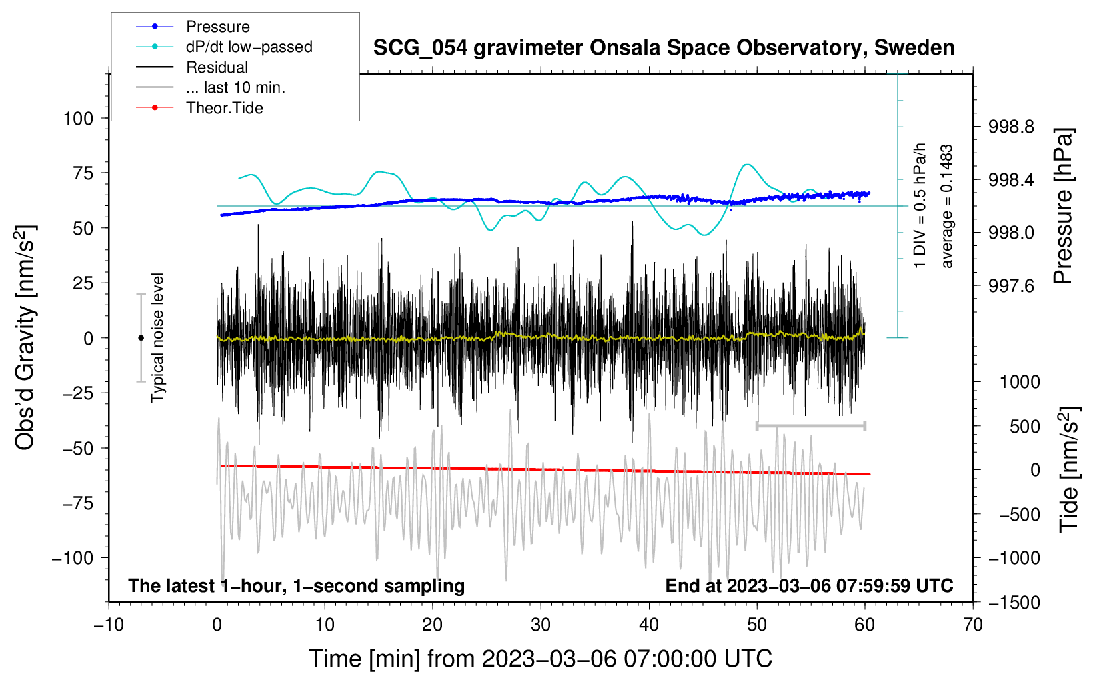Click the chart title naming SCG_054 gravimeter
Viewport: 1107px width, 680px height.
pyautogui.click(x=664, y=48)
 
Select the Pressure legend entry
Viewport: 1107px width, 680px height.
pyautogui.click(x=217, y=27)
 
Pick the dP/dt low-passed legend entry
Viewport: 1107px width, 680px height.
pyautogui.click(x=249, y=47)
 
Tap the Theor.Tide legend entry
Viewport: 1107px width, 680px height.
pyautogui.click(x=224, y=108)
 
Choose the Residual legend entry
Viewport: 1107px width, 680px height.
pyautogui.click(x=217, y=67)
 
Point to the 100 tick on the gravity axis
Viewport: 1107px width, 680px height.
pyautogui.click(x=78, y=119)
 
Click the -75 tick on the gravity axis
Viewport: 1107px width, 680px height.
pyautogui.click(x=78, y=503)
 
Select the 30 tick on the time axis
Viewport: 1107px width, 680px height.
pyautogui.click(x=541, y=625)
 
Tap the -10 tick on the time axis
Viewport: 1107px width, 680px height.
pyautogui.click(x=109, y=625)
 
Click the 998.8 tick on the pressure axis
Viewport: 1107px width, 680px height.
pyautogui.click(x=1011, y=127)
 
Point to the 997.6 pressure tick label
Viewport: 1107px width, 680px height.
pyautogui.click(x=1011, y=286)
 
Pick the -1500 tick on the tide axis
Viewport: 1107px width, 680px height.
pyautogui.click(x=1014, y=603)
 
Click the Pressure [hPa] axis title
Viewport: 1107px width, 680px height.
pyautogui.click(x=1064, y=207)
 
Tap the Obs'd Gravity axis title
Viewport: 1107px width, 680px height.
pyautogui.click(x=25, y=338)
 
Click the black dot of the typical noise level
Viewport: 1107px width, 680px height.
pyautogui.click(x=141, y=338)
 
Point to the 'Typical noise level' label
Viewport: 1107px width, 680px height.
pyautogui.click(x=157, y=338)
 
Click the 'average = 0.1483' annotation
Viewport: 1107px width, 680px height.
pyautogui.click(x=947, y=207)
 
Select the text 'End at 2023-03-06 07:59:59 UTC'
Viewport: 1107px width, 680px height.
pyautogui.click(x=809, y=586)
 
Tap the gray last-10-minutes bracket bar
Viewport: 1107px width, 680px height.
pyautogui.click(x=810, y=425)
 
